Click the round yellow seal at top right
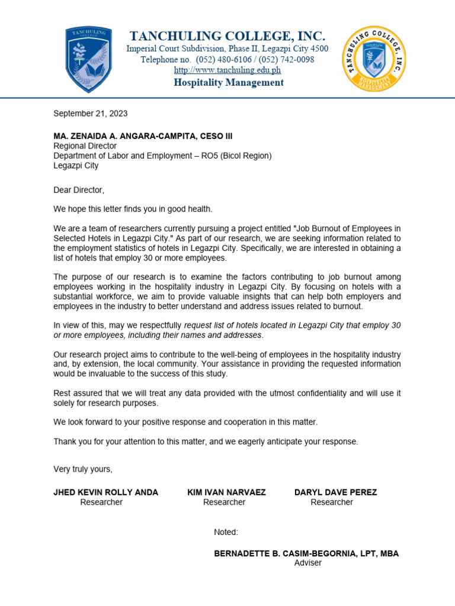(x=374, y=59)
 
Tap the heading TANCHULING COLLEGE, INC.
(x=227, y=36)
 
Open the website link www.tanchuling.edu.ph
(x=227, y=70)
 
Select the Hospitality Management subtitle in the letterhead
(x=228, y=82)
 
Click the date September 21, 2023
(x=91, y=114)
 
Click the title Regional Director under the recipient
(x=85, y=146)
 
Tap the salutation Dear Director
(x=79, y=190)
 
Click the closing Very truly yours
(x=83, y=469)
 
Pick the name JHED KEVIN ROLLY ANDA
(x=106, y=492)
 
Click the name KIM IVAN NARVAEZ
(x=226, y=492)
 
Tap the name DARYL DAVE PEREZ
(x=335, y=492)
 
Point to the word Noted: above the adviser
(x=226, y=532)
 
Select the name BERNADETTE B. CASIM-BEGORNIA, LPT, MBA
(x=306, y=553)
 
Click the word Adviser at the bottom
(x=307, y=563)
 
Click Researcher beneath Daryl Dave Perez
(x=332, y=502)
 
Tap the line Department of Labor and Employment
(x=162, y=156)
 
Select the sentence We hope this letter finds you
(x=133, y=209)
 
